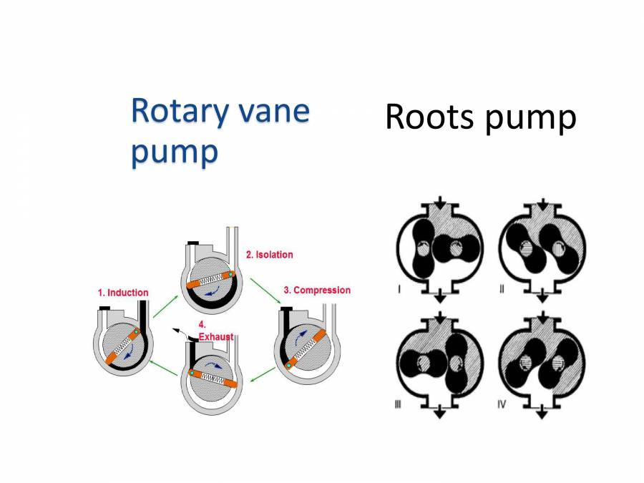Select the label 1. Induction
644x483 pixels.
[x=123, y=292]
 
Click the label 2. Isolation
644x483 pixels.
[x=269, y=254]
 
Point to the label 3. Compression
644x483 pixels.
[x=317, y=290]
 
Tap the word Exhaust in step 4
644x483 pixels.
[x=215, y=336]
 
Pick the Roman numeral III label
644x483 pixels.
[x=399, y=404]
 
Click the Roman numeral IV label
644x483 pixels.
[x=502, y=404]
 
